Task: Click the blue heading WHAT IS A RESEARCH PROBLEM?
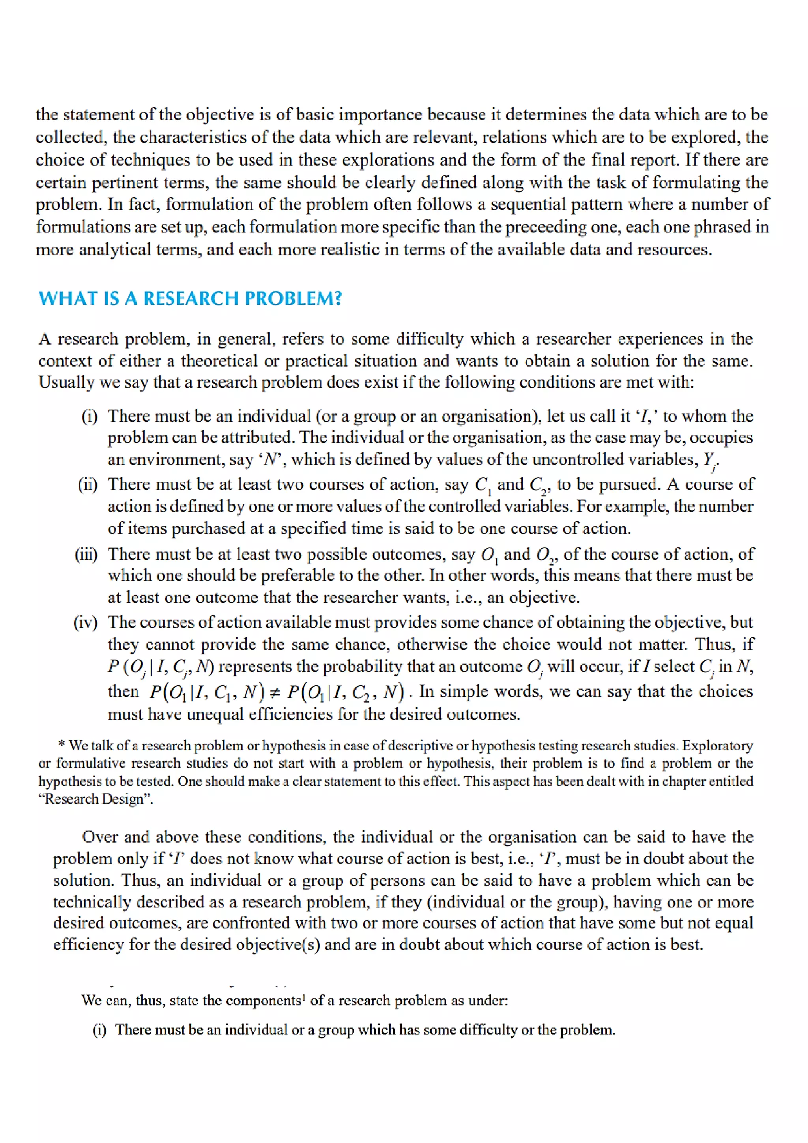click(190, 298)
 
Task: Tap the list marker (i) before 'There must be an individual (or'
click(90, 416)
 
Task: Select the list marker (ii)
click(88, 484)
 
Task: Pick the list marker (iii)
click(86, 554)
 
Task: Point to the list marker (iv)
click(85, 622)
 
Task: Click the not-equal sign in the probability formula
click(275, 692)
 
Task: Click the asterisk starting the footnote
click(61, 745)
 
